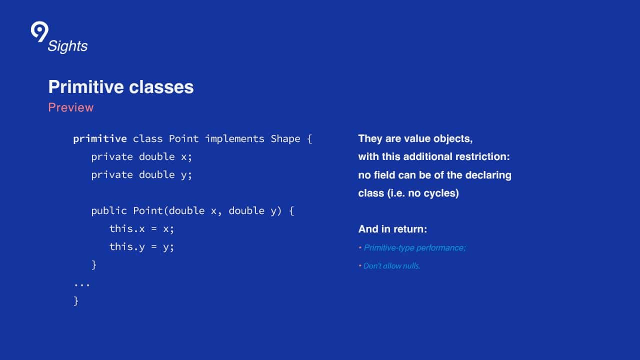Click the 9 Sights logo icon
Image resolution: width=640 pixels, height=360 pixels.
click(39, 31)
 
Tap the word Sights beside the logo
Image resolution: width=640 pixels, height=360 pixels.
click(67, 46)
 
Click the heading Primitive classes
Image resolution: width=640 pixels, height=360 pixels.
click(121, 87)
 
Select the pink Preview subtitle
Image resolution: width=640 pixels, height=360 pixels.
click(71, 107)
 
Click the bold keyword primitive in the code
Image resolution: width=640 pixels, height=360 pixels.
click(100, 139)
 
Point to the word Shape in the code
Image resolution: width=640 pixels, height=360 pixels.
click(285, 139)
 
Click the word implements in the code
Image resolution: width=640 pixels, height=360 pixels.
click(235, 139)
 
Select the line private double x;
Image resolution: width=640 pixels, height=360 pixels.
click(141, 157)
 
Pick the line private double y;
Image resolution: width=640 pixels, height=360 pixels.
click(141, 175)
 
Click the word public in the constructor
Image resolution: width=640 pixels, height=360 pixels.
click(109, 211)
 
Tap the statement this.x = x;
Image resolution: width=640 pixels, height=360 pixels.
click(141, 229)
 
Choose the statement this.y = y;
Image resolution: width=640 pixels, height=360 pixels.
click(141, 247)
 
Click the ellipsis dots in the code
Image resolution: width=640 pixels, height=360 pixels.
click(81, 284)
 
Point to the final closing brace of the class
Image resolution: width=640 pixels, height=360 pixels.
click(76, 301)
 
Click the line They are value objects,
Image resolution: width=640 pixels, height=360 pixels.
click(415, 139)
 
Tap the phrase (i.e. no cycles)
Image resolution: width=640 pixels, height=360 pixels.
click(423, 193)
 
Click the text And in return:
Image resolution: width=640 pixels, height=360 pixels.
click(393, 229)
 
